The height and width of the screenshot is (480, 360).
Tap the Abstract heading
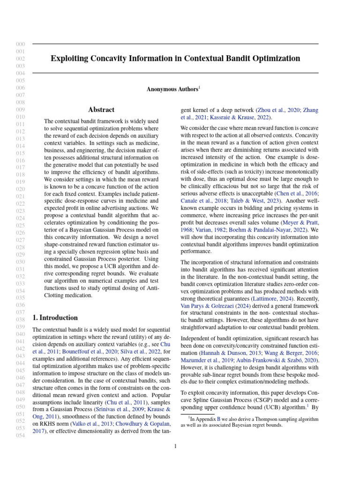coord(101,110)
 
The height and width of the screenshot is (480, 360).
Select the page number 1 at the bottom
coord(175,446)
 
